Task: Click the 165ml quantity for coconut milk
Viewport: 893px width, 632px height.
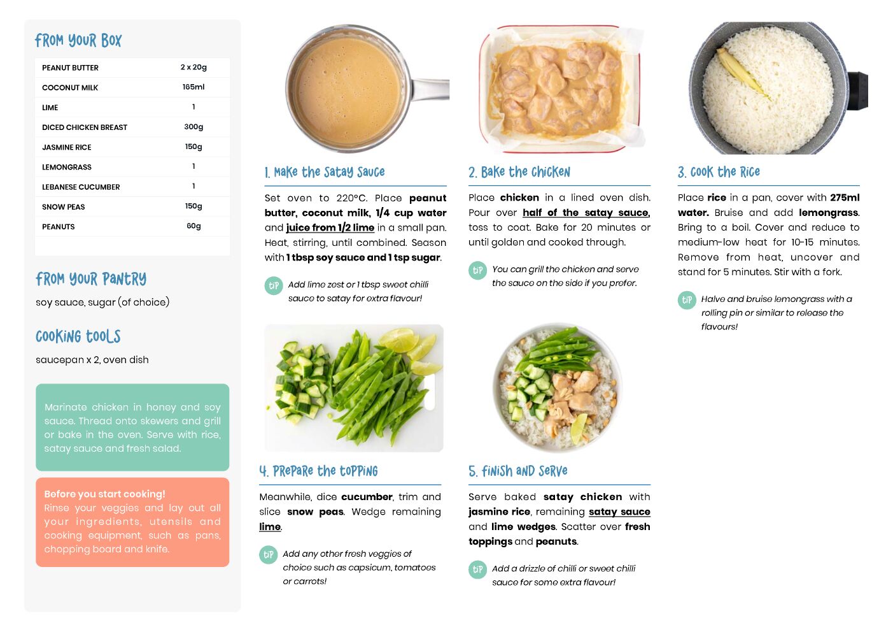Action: point(193,87)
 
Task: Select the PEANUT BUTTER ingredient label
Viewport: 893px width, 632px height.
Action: point(70,68)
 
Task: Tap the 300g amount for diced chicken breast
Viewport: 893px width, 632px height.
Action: point(193,127)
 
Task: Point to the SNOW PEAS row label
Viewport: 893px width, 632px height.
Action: point(64,207)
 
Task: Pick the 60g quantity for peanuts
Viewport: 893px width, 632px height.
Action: point(193,226)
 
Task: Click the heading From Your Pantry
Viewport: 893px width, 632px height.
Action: point(91,279)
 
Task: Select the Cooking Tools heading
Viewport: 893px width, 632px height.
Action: point(78,336)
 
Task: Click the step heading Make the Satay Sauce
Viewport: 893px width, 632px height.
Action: point(325,172)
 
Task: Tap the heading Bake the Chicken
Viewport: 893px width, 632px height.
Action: point(519,172)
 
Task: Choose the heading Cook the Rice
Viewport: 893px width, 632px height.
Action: point(719,172)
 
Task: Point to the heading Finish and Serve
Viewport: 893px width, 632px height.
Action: point(518,471)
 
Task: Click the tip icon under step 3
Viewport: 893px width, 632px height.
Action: point(687,300)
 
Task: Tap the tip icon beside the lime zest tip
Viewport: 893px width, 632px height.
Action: point(274,285)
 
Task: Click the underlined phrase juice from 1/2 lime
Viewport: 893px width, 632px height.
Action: point(330,228)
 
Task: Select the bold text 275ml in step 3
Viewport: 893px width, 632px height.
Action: point(845,197)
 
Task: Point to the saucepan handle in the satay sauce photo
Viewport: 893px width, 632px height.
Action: point(430,90)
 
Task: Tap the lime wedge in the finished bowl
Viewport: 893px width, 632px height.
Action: point(579,429)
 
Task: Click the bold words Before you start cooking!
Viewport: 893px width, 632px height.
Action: point(104,494)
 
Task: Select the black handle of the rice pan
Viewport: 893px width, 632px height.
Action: point(857,91)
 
